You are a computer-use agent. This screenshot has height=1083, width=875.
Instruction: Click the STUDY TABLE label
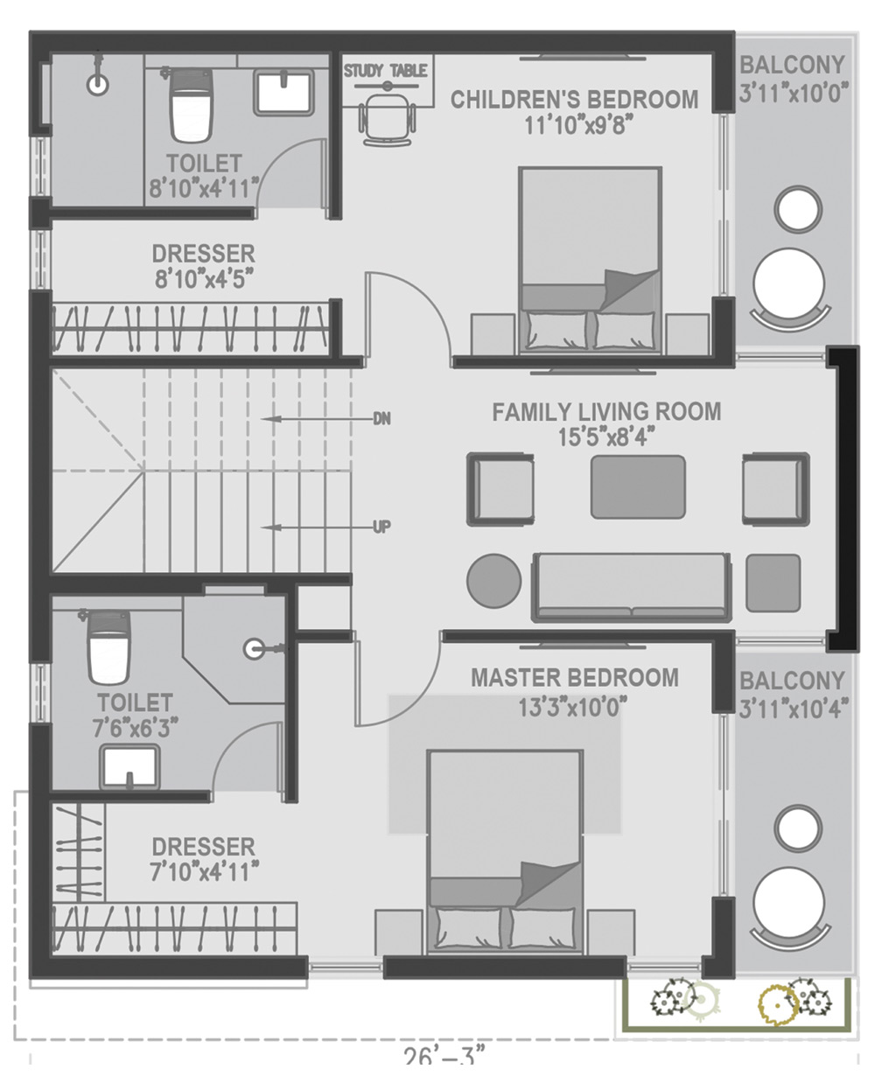coord(385,71)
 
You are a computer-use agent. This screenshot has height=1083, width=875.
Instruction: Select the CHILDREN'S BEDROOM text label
coord(575,100)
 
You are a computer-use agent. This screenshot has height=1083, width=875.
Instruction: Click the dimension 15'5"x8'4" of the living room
coord(606,437)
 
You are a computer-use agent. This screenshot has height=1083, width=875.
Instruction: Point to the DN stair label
coord(381,419)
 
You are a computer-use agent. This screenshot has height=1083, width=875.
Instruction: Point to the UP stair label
coord(381,528)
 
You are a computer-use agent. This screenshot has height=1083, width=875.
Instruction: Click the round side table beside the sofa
coord(493,581)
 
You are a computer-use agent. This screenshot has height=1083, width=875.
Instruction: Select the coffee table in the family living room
coord(638,487)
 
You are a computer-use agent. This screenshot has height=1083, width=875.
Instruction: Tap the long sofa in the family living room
coord(631,587)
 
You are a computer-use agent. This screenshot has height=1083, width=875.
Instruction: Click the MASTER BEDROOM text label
coord(575,678)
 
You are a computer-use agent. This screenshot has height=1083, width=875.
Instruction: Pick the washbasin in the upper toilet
coord(283,94)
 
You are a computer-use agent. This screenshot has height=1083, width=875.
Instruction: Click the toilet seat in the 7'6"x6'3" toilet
coord(108,648)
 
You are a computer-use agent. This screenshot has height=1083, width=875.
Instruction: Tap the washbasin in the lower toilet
coord(129,767)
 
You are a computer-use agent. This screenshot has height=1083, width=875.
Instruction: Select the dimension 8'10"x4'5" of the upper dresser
coord(204,280)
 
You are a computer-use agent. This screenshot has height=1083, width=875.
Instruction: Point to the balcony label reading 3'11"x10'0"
coord(793,94)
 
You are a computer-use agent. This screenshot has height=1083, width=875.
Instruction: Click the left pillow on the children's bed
coord(556,331)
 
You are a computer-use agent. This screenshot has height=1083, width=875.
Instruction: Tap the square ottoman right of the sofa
coord(773,583)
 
